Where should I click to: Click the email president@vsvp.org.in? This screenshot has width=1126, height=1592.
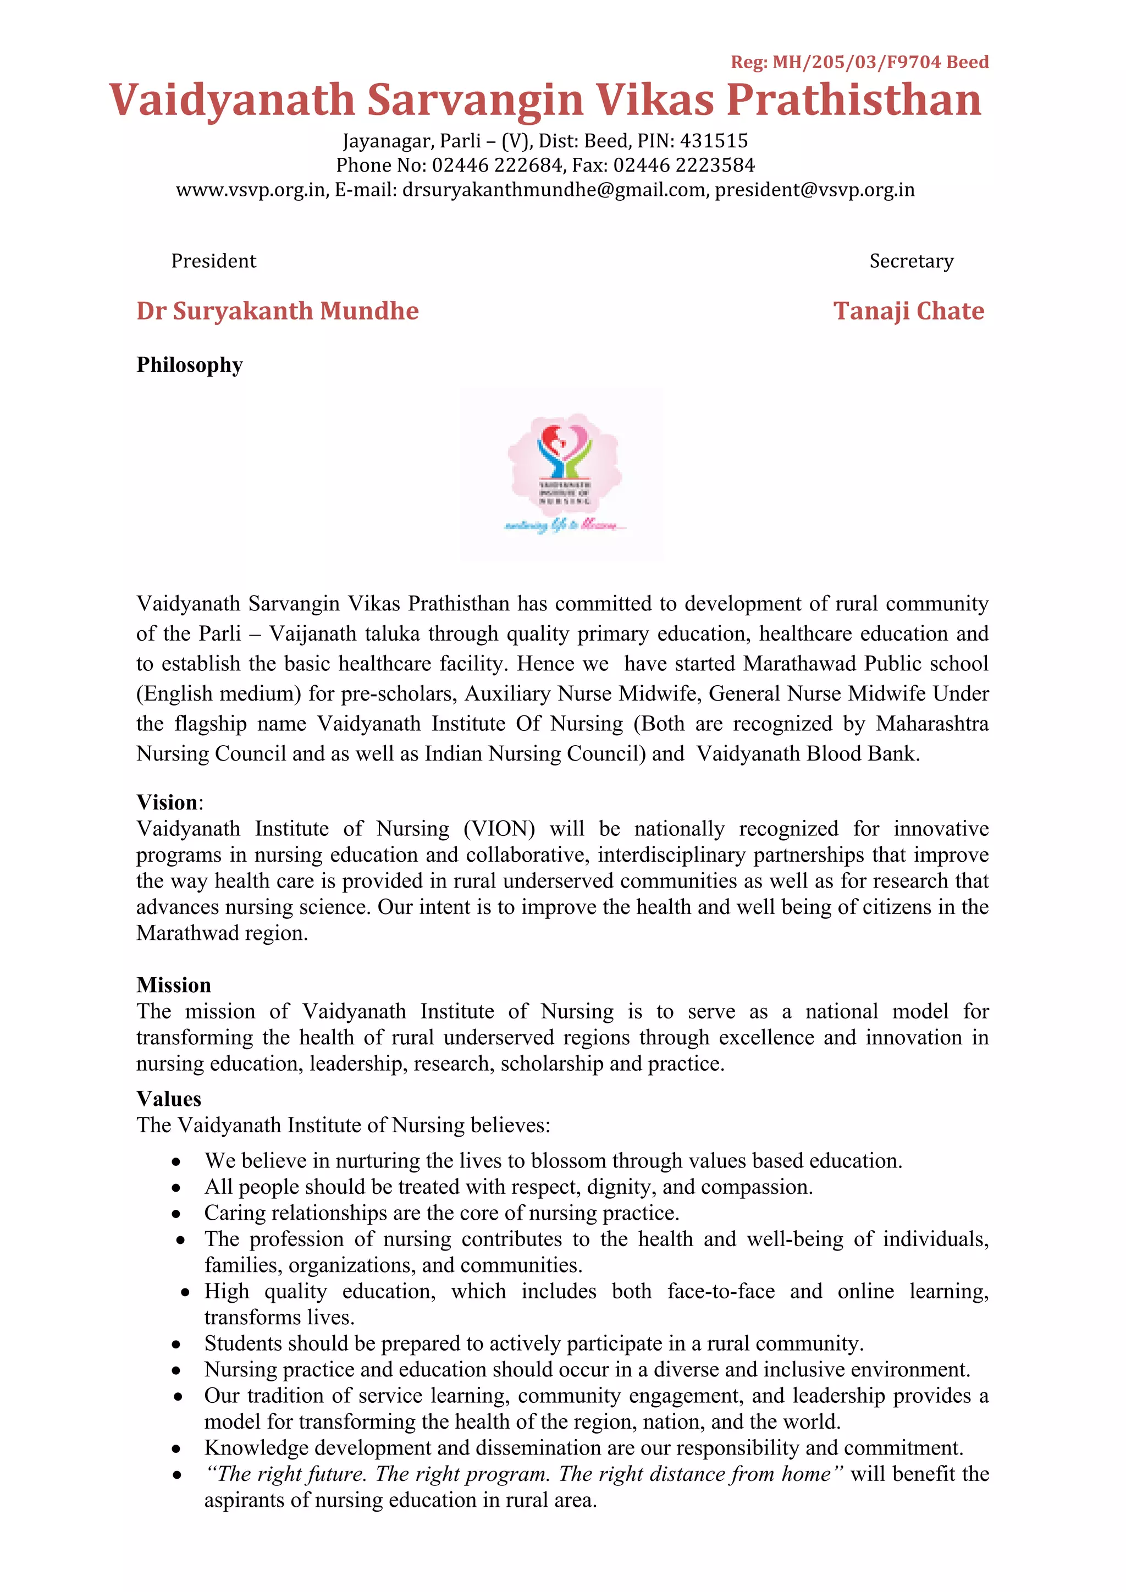tap(815, 190)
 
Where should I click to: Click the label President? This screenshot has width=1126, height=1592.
tap(213, 261)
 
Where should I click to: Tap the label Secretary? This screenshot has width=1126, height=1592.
tap(911, 261)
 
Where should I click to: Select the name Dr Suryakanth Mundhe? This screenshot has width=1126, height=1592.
tap(277, 311)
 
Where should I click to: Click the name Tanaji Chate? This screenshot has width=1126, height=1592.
tap(908, 311)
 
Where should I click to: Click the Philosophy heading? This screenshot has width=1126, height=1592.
tap(189, 365)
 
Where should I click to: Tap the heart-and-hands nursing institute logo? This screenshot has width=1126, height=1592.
tap(564, 471)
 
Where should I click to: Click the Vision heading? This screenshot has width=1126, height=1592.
tap(167, 802)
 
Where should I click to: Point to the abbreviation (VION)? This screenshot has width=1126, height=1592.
tap(499, 829)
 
